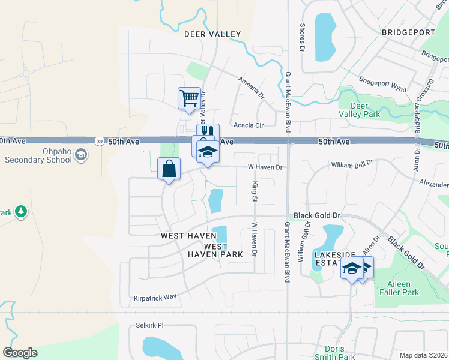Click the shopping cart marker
tap(189, 98)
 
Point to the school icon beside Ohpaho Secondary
tap(80, 155)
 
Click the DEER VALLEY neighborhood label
tap(212, 34)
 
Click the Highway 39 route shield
tap(99, 141)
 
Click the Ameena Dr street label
tap(250, 87)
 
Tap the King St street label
tap(255, 191)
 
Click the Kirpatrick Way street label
tap(155, 297)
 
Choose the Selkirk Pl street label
tap(149, 326)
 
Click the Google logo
tap(20, 353)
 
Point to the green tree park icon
tap(21, 211)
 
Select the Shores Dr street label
tap(303, 37)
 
